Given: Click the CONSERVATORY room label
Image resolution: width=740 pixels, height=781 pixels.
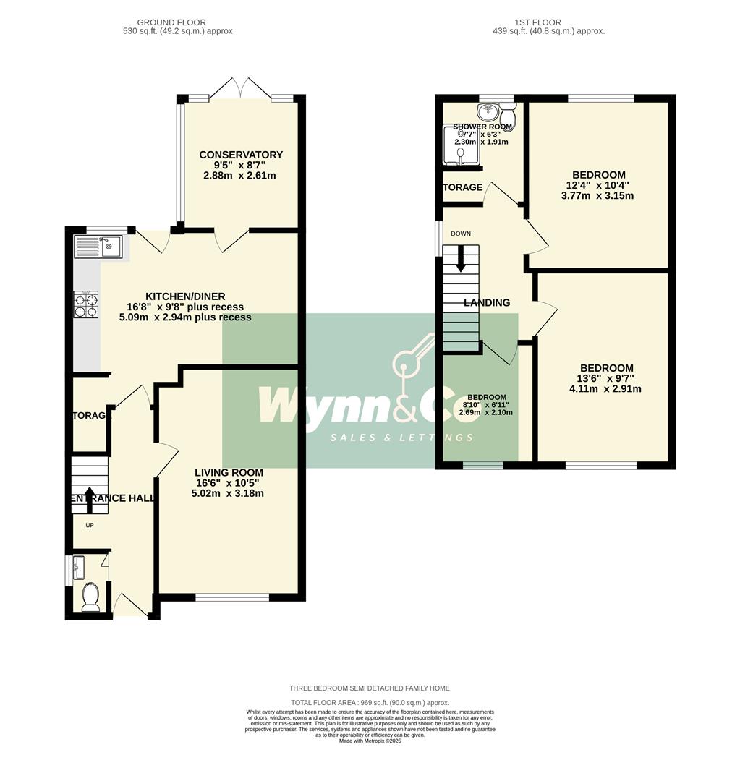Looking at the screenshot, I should point(241,155).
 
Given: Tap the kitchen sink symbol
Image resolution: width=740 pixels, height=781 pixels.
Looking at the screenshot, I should point(99,247).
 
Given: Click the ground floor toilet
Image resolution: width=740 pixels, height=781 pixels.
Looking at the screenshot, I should point(90,596).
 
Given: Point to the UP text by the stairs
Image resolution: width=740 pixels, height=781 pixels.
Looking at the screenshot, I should point(90,526).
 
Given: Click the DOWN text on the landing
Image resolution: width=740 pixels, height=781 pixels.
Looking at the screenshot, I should point(461,234).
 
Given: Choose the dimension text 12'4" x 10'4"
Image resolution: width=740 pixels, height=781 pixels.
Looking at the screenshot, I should point(598,186).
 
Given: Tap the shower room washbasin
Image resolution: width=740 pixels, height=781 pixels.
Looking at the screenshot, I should point(486,111).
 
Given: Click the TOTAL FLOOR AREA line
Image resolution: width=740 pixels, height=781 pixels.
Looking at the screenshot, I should point(370,703).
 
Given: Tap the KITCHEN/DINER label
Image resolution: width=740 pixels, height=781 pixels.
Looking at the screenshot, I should point(185,296).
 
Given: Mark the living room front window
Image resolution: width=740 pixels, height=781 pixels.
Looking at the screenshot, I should point(231,597).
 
